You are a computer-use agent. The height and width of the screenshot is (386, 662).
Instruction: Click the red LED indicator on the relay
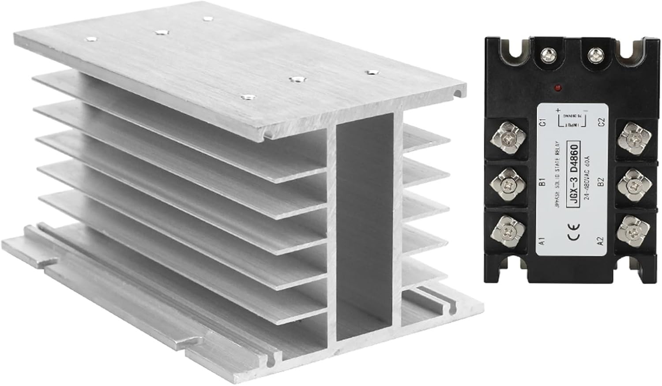[x=558, y=87]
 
